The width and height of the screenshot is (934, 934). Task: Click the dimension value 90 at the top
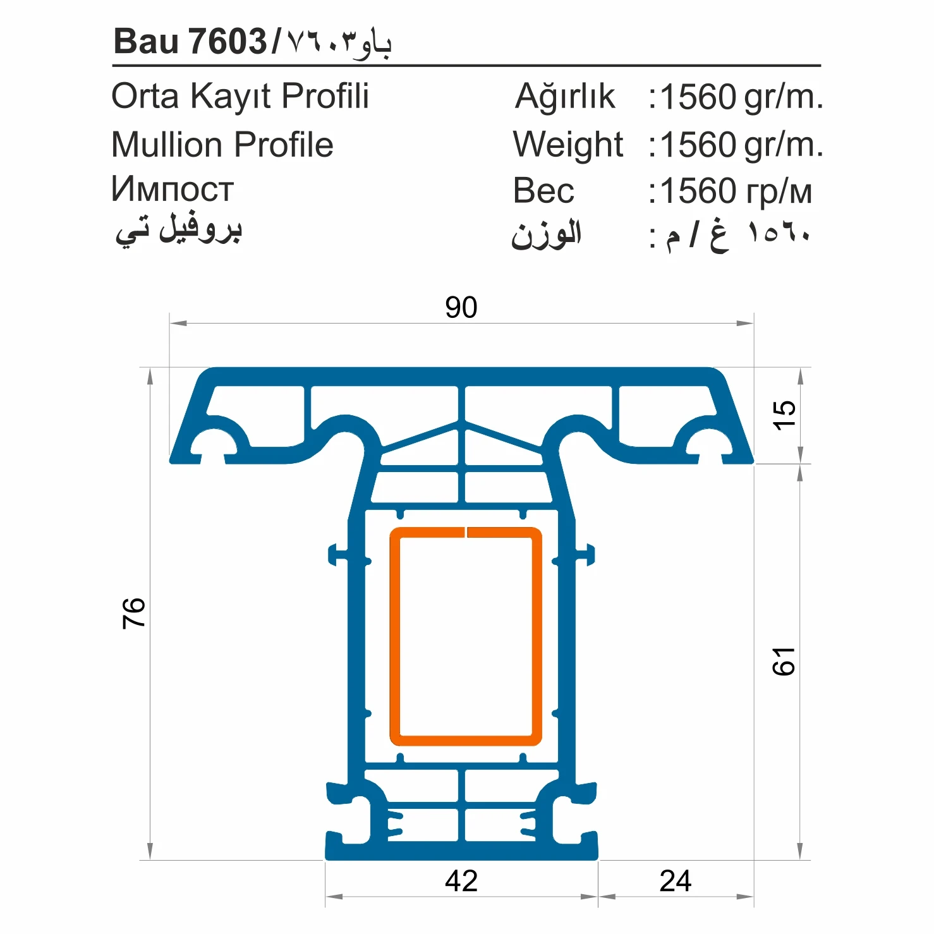(461, 308)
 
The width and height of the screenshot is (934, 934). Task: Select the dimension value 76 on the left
(134, 612)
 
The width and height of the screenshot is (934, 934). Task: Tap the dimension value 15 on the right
(784, 415)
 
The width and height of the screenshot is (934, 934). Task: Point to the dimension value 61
(784, 662)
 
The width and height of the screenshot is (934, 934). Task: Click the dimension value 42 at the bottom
(461, 881)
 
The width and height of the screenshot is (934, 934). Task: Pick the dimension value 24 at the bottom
(675, 881)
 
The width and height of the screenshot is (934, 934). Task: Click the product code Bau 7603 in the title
(190, 42)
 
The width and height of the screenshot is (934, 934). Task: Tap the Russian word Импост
(172, 190)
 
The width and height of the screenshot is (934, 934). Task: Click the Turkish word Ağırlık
(564, 97)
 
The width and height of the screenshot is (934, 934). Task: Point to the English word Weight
(567, 145)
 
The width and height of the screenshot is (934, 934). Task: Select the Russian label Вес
(543, 191)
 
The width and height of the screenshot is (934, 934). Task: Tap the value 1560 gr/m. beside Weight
(741, 145)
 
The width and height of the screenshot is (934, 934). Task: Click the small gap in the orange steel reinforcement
(466, 532)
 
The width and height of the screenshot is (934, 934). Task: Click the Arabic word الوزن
(546, 235)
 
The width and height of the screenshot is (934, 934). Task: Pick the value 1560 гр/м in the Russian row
(736, 191)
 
